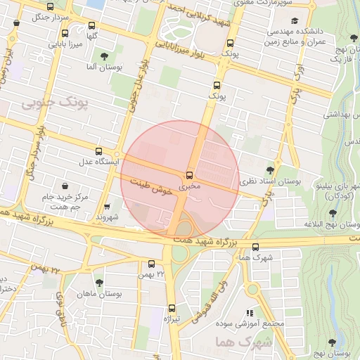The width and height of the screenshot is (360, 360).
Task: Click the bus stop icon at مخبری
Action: pyautogui.click(x=189, y=176)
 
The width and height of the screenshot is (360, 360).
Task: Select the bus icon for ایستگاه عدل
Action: pyautogui.click(x=98, y=150)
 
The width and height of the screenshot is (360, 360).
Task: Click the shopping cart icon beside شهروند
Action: pyautogui.click(x=106, y=207)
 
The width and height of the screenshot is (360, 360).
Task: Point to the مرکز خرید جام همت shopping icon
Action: pyautogui.click(x=65, y=187)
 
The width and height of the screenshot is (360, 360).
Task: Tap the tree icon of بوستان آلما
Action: pyautogui.click(x=105, y=56)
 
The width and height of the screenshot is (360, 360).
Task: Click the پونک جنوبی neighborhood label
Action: pyautogui.click(x=56, y=104)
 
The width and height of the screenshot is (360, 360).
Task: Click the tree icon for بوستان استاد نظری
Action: pyautogui.click(x=271, y=169)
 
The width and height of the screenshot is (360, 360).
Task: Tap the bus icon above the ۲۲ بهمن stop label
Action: pyautogui.click(x=152, y=264)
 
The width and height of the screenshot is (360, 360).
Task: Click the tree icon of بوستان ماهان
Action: pyautogui.click(x=98, y=283)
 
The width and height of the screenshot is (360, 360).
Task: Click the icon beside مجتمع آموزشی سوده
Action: pyautogui.click(x=248, y=313)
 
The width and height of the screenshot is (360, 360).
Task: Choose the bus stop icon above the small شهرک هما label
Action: pyautogui.click(x=255, y=247)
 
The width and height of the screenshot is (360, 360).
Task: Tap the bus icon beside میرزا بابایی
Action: pyautogui.click(x=65, y=33)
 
